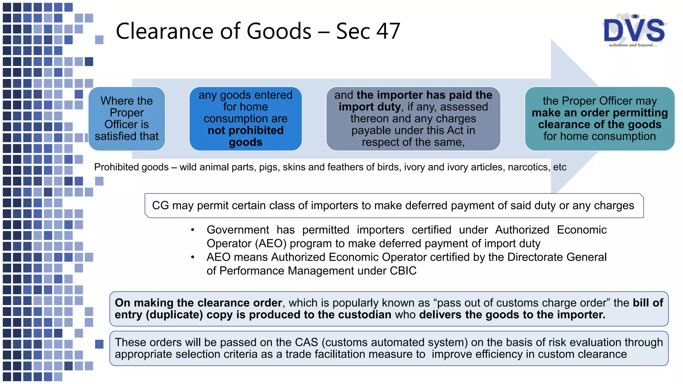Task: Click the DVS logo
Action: (634, 31)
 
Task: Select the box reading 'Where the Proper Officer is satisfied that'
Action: (127, 119)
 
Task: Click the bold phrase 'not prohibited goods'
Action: (245, 136)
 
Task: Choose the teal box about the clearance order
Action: (599, 119)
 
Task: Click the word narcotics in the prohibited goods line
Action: (528, 167)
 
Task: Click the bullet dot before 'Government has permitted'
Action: (192, 230)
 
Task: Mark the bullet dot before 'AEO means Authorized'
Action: (192, 257)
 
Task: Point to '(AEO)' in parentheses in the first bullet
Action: (271, 244)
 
